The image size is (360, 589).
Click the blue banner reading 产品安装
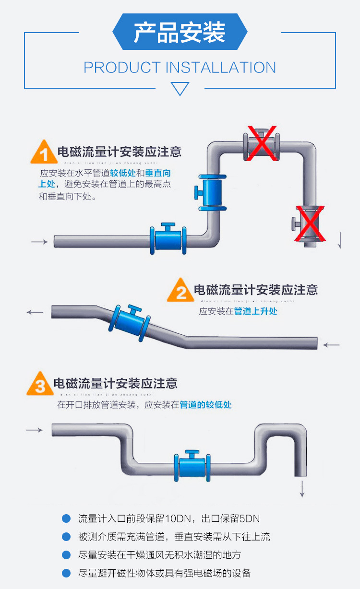coord(180,32)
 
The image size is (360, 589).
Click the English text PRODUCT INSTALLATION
coord(180,68)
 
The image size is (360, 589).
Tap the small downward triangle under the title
coord(180,89)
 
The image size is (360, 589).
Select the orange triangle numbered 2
coord(180,291)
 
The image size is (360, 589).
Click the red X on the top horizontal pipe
coord(262,142)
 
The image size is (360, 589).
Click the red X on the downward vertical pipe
coord(310,224)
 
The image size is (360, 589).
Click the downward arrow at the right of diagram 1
coord(340,240)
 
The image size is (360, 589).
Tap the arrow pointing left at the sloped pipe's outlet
coord(35,312)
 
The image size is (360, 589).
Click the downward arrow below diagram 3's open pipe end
coord(302,488)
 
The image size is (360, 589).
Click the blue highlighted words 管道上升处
coord(255,311)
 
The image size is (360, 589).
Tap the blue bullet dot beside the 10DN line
coord(66,518)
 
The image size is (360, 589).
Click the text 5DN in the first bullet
coord(250,518)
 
